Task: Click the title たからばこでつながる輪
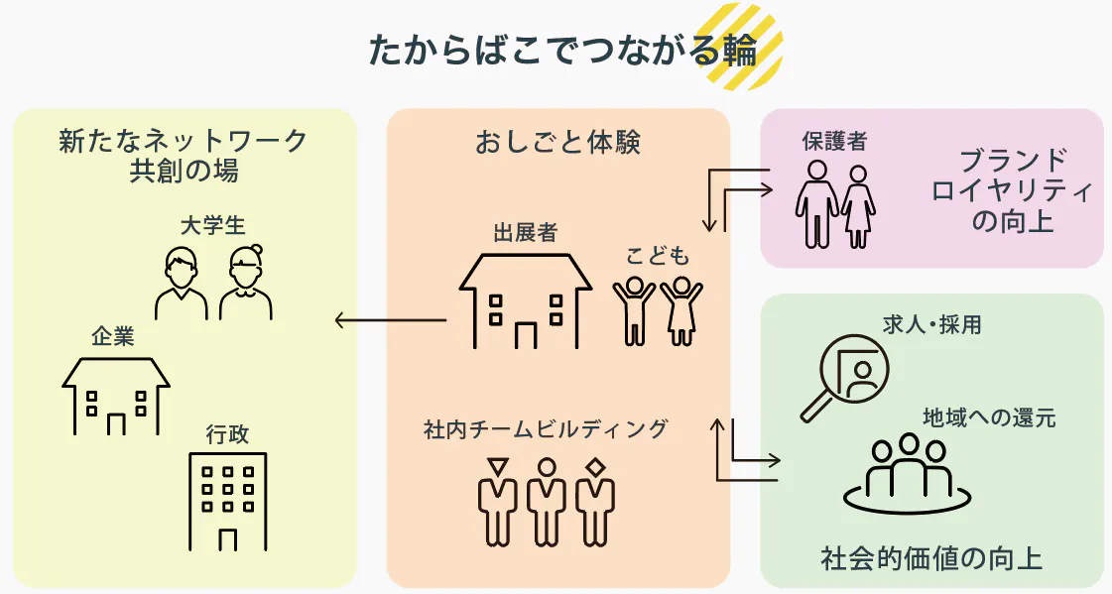(562, 51)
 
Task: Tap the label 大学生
(212, 225)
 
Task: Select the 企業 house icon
(116, 395)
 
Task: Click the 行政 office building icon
(227, 501)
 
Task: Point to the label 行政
(227, 434)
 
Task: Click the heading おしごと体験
(557, 143)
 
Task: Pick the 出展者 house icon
(525, 300)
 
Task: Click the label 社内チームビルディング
(546, 429)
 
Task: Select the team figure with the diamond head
(594, 500)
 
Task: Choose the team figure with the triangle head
(497, 500)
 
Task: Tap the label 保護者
(834, 141)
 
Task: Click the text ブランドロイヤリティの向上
(1013, 190)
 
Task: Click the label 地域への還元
(989, 416)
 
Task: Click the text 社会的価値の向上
(931, 557)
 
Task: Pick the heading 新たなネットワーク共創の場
(184, 155)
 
